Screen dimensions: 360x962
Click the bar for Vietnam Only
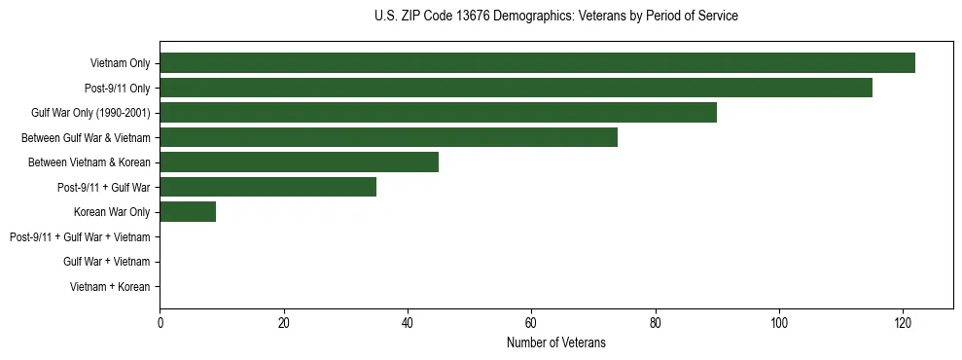tap(537, 63)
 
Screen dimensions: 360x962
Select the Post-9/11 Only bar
tap(516, 88)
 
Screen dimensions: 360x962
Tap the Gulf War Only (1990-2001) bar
tap(438, 113)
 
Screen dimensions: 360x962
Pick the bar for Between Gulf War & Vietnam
tap(388, 137)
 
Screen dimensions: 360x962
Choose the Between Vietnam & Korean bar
tap(299, 162)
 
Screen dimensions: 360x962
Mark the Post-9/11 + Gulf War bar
tap(267, 187)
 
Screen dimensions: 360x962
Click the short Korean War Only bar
tap(188, 211)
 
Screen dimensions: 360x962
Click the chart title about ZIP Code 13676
tap(555, 17)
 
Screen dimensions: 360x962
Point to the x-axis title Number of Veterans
tap(555, 342)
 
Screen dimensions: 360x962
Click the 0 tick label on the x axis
tap(160, 324)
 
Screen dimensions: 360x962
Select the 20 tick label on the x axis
tap(283, 324)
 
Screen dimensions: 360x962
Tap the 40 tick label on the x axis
tap(408, 324)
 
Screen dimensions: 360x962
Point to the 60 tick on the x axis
tap(531, 324)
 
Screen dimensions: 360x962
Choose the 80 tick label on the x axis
tap(655, 324)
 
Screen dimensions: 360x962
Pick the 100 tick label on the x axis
tap(779, 324)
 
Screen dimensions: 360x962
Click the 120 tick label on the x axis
tap(903, 324)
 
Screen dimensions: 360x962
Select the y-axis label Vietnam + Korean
tap(110, 286)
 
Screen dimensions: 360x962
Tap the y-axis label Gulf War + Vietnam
tap(106, 262)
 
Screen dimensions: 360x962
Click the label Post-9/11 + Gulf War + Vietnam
tap(80, 236)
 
